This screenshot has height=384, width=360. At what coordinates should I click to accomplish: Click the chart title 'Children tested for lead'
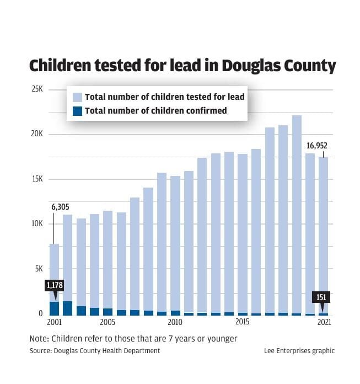tap(182, 66)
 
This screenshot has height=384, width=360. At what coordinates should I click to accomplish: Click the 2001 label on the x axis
tap(54, 322)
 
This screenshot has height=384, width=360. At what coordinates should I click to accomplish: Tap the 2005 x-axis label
tap(108, 322)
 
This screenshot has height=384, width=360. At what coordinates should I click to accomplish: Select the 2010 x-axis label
tap(175, 322)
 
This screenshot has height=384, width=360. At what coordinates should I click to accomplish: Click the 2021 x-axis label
tap(323, 322)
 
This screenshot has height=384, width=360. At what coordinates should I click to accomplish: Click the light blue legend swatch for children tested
tap(78, 97)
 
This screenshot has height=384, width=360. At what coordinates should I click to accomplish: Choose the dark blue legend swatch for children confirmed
tap(78, 110)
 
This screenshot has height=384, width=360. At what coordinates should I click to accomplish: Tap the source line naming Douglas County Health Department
tap(94, 351)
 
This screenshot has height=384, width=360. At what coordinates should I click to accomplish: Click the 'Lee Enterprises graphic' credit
tap(299, 351)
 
